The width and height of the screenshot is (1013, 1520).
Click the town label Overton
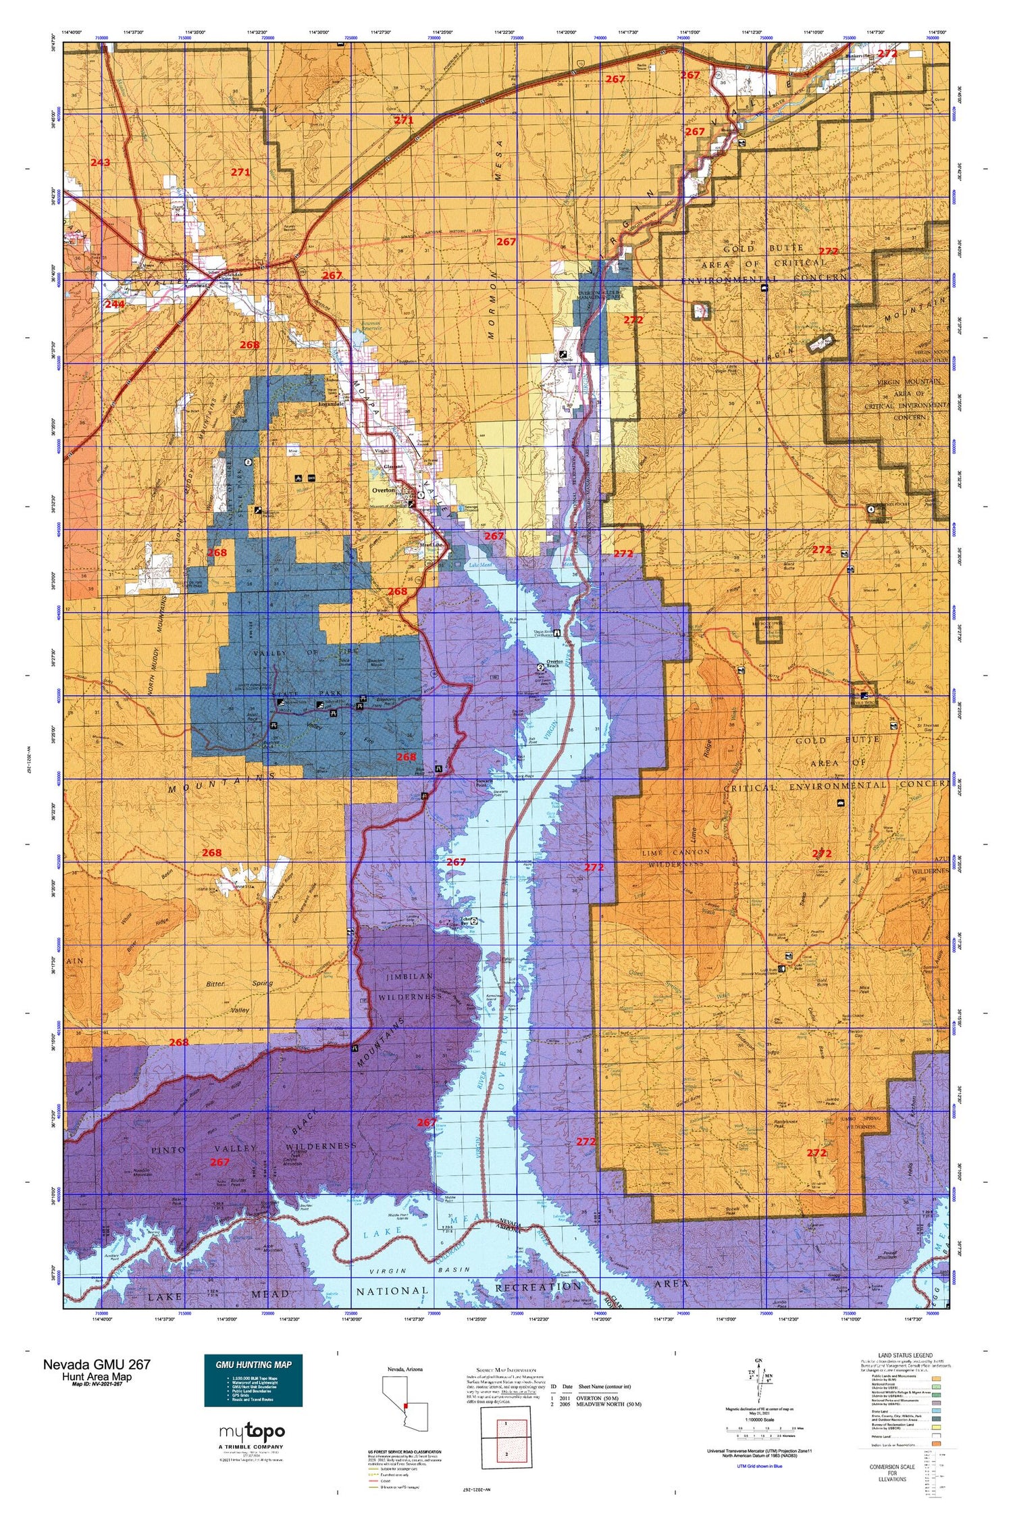pos(383,490)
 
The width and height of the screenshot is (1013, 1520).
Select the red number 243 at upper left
pos(100,163)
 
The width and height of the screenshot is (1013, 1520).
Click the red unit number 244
pos(115,305)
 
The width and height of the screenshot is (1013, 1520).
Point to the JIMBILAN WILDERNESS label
pos(400,987)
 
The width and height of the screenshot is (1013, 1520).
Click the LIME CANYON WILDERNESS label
pos(675,857)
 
